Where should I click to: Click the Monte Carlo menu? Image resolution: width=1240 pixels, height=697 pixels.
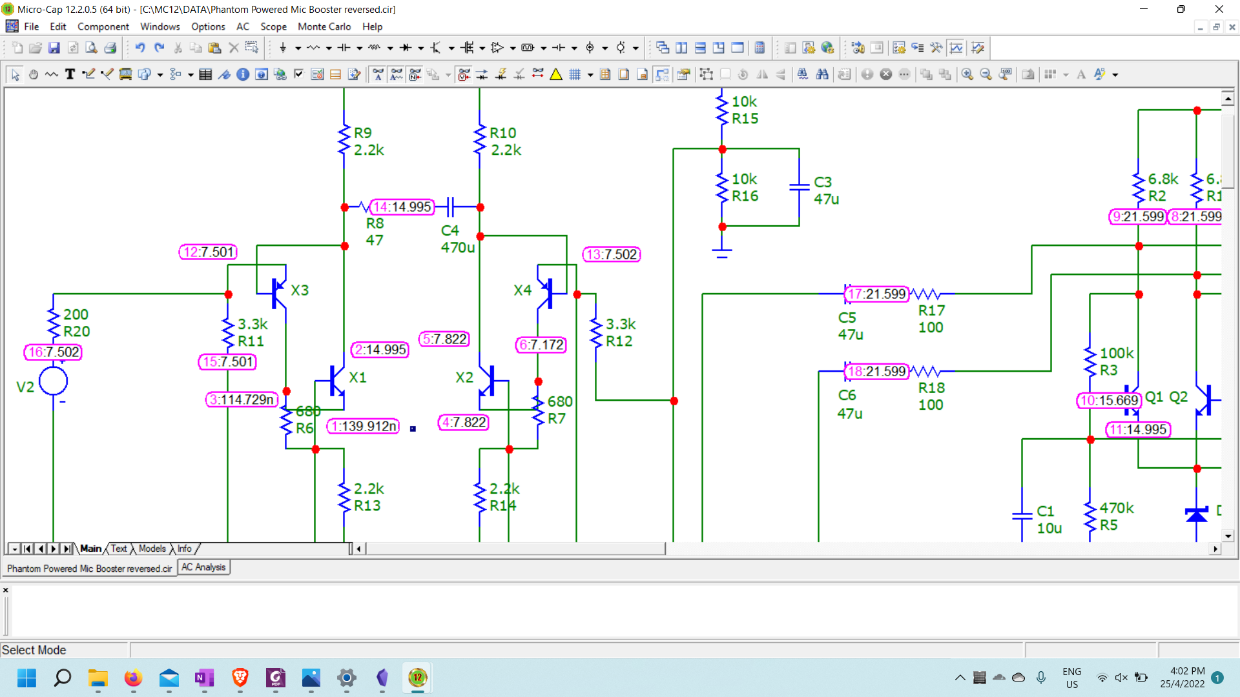tap(324, 26)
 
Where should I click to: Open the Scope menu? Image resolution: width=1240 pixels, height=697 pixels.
tap(273, 26)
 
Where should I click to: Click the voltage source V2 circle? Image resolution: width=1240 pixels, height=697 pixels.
tap(53, 381)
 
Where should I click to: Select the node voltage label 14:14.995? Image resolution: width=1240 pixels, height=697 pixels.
tap(402, 207)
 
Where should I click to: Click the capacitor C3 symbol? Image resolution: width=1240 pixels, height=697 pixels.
tap(799, 187)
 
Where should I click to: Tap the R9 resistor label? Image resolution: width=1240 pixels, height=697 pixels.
tap(362, 133)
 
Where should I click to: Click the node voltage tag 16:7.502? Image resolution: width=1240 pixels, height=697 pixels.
tap(54, 352)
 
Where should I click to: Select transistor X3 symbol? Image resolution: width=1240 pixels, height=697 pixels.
tap(278, 294)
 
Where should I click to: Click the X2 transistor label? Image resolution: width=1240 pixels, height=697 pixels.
tap(464, 378)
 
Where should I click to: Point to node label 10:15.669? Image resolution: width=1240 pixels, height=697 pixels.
tap(1108, 400)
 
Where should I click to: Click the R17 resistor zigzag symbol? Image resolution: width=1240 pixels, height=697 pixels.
tap(925, 294)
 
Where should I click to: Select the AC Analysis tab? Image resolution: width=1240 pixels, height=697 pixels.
tap(203, 567)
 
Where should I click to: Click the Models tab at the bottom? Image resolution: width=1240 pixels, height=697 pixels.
tap(152, 549)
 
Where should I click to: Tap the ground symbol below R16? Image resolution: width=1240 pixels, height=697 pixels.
tap(722, 252)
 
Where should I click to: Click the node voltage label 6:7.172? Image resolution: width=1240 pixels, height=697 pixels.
tap(541, 345)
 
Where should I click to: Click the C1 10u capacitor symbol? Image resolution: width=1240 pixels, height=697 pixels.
tap(1022, 516)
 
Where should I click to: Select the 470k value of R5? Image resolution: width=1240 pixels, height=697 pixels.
tap(1116, 508)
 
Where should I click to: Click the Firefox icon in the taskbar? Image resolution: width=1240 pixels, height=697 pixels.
tap(133, 678)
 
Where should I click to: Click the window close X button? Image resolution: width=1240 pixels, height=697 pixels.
tap(1219, 9)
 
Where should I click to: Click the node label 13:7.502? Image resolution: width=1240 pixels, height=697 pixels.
tap(611, 254)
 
